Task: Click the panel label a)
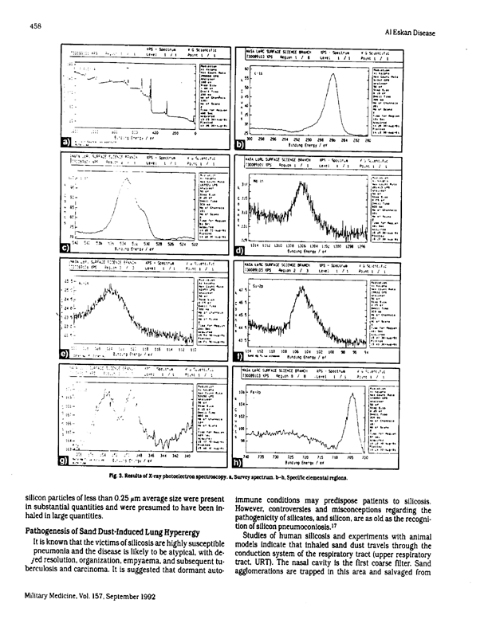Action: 68,143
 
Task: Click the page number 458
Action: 36,25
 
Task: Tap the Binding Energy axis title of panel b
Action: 313,146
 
